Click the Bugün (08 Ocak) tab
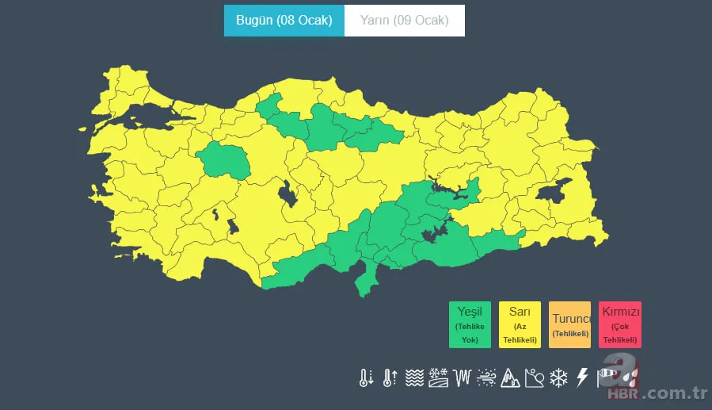284,21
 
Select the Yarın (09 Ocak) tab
404,21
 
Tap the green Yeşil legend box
470,324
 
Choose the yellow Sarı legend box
520,324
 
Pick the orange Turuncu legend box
569,324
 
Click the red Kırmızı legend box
619,324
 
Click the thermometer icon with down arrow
365,377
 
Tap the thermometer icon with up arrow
389,377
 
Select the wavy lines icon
413,377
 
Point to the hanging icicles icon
462,377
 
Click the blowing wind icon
486,377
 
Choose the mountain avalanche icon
510,377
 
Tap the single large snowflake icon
558,377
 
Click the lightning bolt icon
582,377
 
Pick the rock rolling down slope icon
535,377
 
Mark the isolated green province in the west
224,160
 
